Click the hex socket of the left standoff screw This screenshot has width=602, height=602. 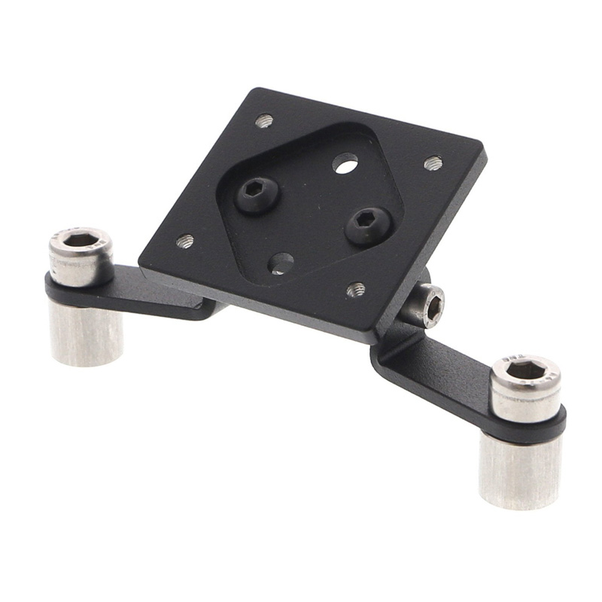(x=81, y=240)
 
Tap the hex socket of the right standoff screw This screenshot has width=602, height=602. (x=524, y=369)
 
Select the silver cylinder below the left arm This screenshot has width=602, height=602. (x=87, y=335)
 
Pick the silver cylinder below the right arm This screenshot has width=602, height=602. (x=521, y=470)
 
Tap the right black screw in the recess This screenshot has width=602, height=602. (x=369, y=223)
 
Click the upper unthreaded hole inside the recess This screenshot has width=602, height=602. (x=345, y=163)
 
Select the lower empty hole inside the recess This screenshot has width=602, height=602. (x=281, y=263)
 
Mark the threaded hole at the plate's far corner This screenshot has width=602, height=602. (x=263, y=120)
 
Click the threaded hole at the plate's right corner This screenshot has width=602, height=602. (x=433, y=163)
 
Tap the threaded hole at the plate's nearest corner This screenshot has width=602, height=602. (x=356, y=289)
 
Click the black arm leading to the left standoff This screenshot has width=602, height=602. (x=150, y=290)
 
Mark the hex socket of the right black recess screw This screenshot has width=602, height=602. (x=367, y=218)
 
